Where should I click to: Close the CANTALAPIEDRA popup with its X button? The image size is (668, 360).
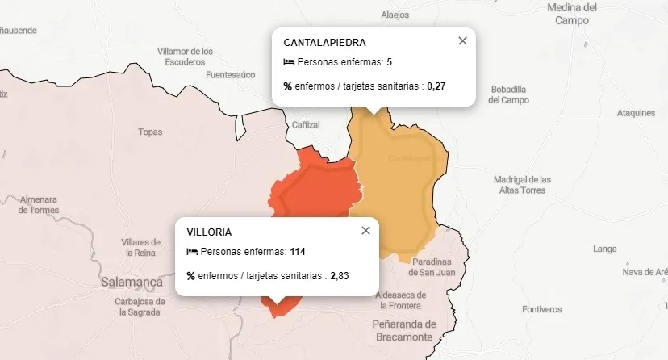coord(462,41)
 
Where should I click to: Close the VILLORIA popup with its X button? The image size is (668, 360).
coord(365,231)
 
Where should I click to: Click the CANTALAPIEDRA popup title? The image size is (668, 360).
coord(325,42)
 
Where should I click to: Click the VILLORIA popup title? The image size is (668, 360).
coord(209,232)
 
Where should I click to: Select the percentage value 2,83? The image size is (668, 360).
coord(340,275)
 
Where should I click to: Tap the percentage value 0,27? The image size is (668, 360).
coord(436,86)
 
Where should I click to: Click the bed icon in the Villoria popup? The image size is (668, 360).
coord(192,252)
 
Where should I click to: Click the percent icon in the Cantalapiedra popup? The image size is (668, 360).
coord(288,86)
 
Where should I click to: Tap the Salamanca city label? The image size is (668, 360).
coord(132,283)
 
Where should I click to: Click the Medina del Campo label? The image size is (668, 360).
coord(572,14)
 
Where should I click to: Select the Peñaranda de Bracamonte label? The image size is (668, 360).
coord(404,330)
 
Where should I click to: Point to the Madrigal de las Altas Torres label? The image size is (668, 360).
coord(522,185)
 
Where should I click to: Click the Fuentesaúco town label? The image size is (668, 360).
coord(230,75)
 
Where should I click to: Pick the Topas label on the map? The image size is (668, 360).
coord(150,132)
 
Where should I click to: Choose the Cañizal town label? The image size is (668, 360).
coord(306,125)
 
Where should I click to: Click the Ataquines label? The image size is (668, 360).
coord(636,113)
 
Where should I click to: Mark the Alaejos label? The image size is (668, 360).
coord(395,15)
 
